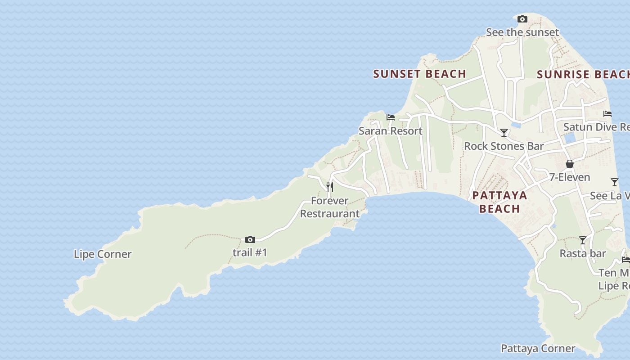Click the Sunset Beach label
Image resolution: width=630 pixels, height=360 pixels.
(419, 74)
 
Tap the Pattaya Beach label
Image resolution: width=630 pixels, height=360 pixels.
(499, 202)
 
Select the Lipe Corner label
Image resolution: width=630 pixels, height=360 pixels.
(103, 254)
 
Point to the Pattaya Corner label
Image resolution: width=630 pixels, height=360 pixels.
(538, 348)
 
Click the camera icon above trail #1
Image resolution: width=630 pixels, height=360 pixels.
(250, 240)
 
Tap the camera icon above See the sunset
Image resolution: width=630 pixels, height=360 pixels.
(522, 19)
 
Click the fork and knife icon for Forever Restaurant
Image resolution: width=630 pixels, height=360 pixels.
(330, 187)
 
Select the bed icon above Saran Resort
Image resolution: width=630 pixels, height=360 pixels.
(391, 117)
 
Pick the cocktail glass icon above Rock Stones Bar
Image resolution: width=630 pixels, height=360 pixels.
(504, 133)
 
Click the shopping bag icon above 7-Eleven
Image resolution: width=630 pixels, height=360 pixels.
(570, 164)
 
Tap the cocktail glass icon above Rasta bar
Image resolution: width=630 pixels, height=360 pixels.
(583, 240)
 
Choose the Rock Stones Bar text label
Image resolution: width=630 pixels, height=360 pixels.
(504, 146)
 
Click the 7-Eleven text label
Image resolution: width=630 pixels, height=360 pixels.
(570, 177)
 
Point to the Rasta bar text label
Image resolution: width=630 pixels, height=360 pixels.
(583, 254)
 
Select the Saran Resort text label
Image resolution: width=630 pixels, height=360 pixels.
(391, 131)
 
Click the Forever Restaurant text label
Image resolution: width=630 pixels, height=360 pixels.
(330, 207)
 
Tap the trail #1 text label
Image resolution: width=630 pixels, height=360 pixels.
(250, 253)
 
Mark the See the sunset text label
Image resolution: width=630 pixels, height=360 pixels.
(522, 32)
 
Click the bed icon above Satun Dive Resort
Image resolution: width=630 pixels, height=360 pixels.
(607, 114)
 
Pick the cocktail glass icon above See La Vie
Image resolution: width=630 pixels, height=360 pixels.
(615, 182)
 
